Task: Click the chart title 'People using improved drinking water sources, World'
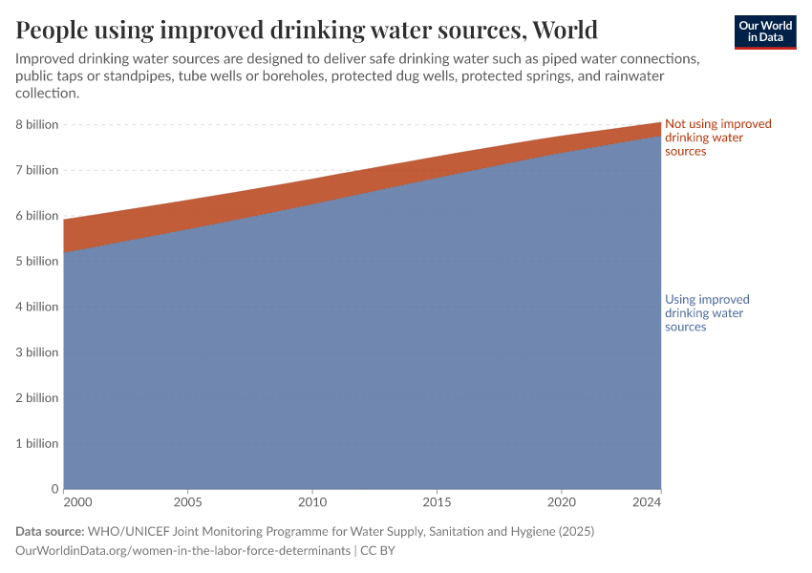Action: [307, 30]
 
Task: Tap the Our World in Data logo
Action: [764, 32]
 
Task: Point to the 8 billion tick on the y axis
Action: [36, 125]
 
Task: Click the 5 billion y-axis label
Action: [36, 262]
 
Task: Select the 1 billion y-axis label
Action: [36, 444]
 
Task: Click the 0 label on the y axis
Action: [54, 489]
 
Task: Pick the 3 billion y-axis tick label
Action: [36, 352]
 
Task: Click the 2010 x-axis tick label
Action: [312, 501]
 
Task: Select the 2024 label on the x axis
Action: [647, 501]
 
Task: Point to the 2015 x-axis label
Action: [437, 501]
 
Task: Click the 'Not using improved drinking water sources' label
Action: [717, 138]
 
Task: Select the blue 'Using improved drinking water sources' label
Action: [707, 313]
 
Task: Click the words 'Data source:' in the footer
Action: [50, 531]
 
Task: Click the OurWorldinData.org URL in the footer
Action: [183, 551]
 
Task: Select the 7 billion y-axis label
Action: [36, 170]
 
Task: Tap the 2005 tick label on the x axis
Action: [188, 501]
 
